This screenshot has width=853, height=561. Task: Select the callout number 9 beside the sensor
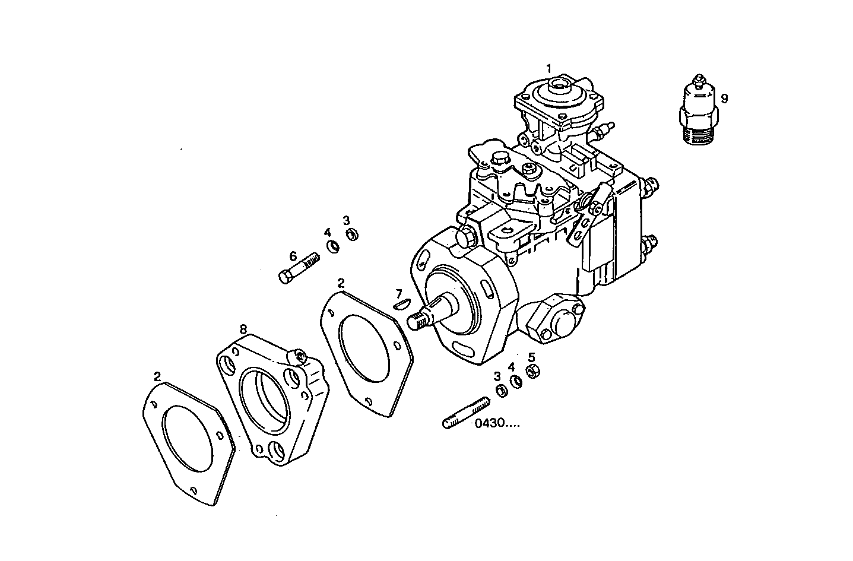pyautogui.click(x=724, y=98)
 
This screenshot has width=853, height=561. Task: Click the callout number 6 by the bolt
pyautogui.click(x=293, y=256)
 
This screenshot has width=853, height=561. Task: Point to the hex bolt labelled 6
pyautogui.click(x=299, y=268)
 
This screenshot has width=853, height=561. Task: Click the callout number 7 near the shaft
pyautogui.click(x=399, y=293)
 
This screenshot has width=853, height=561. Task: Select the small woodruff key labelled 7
pyautogui.click(x=402, y=305)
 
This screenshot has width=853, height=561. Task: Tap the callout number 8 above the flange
pyautogui.click(x=243, y=328)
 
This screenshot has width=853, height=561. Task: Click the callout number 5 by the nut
pyautogui.click(x=531, y=357)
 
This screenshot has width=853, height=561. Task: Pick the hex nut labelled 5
pyautogui.click(x=533, y=372)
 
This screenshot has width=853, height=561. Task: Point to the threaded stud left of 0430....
pyautogui.click(x=465, y=414)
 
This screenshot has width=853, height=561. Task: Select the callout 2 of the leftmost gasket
pyautogui.click(x=157, y=376)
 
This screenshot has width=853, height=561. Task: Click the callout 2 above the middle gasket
pyautogui.click(x=341, y=283)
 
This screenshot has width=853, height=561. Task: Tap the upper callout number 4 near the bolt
pyautogui.click(x=327, y=232)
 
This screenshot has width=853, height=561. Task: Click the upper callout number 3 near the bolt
pyautogui.click(x=346, y=220)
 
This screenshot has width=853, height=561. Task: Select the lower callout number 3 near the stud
pyautogui.click(x=497, y=376)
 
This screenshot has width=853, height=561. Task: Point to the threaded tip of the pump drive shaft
pyautogui.click(x=417, y=322)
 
